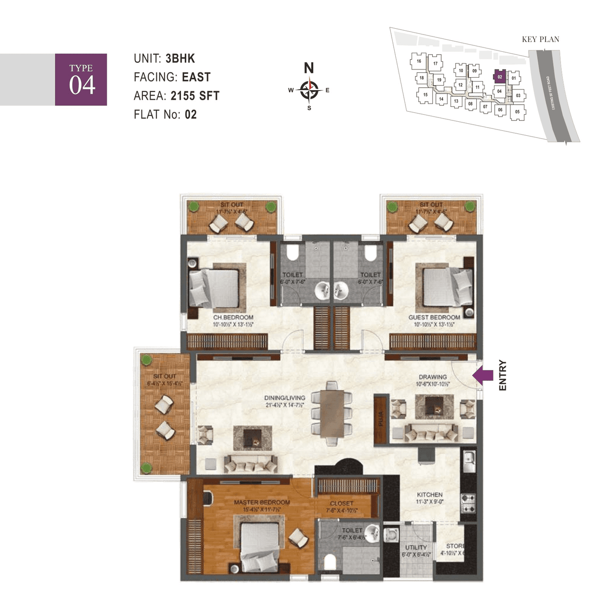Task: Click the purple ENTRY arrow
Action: (483, 376)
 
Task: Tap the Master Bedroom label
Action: (262, 502)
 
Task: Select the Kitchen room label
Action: (430, 494)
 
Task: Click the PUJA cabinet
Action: (380, 418)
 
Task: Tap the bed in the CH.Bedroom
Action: (214, 288)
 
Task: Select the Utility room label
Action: (416, 547)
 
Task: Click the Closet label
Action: (342, 504)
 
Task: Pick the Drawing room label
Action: (433, 377)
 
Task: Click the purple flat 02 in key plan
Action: (500, 77)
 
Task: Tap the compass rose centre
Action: (309, 89)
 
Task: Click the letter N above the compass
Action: (309, 68)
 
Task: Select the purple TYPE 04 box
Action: (81, 80)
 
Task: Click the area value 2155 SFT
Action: (195, 96)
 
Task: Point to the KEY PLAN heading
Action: (541, 39)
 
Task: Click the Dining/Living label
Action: (284, 398)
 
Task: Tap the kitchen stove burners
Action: (468, 502)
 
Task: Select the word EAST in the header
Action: (196, 77)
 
